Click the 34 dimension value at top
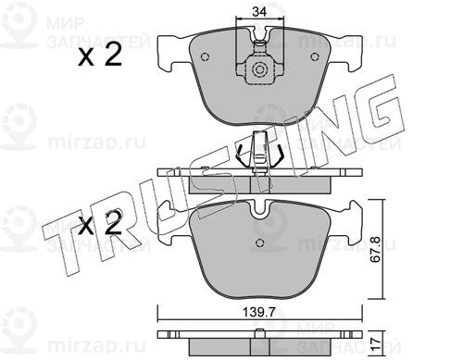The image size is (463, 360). click(x=258, y=12)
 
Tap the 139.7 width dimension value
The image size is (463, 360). click(x=258, y=313)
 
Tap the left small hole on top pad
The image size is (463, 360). click(x=205, y=57)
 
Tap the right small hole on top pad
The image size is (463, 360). click(x=314, y=57)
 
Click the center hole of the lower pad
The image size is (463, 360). click(x=260, y=242)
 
